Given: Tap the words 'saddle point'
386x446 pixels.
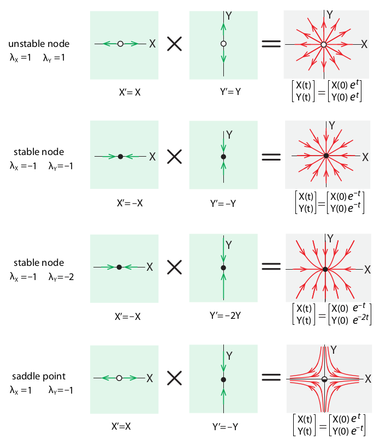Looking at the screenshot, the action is pos(39,376).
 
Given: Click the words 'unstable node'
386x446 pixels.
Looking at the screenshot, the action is pos(39,44).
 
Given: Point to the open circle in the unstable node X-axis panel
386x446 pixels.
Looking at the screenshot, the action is pos(120,44).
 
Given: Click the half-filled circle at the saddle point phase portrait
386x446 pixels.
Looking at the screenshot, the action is pos(324,379).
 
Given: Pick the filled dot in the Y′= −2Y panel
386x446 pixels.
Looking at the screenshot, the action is pos(223,267).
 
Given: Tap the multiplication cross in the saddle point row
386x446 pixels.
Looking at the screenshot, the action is pos(174,377).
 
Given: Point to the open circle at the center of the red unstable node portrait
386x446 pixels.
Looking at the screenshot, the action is pos(324,44).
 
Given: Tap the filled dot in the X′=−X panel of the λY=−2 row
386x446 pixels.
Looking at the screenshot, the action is pos(119,267).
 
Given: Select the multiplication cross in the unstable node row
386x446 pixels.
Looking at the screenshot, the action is pos(174,44).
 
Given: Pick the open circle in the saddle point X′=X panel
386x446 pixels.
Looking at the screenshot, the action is pos(118,377).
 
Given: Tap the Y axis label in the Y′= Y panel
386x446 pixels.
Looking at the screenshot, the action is pos(229,16).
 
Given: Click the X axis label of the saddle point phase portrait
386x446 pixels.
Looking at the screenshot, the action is pos(369,378).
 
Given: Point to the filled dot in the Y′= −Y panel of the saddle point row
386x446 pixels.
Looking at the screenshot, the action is pos(223,379).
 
